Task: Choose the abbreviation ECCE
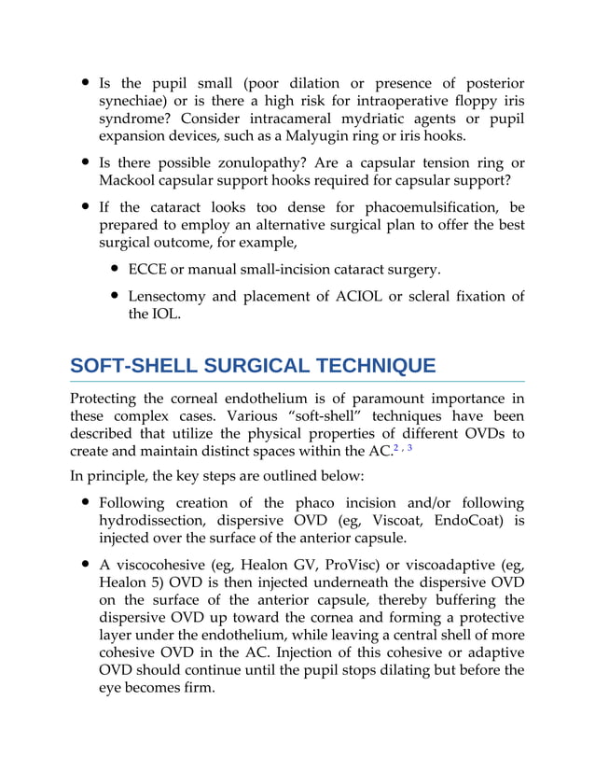pos(149,271)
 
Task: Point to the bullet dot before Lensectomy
pos(114,297)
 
